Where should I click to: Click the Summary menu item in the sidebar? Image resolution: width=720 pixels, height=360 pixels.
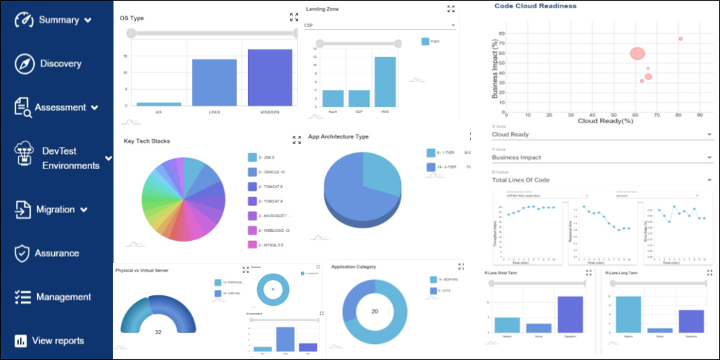(x=58, y=20)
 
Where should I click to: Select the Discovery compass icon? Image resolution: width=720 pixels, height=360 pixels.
(x=24, y=63)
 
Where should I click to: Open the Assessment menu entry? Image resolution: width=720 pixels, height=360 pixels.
(x=61, y=107)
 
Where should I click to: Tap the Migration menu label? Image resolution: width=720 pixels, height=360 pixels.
(x=56, y=210)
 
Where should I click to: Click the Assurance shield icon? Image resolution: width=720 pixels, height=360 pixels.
(x=23, y=253)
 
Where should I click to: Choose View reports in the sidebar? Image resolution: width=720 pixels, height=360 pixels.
(x=58, y=341)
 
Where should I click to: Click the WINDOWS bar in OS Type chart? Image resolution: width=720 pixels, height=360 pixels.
(x=269, y=77)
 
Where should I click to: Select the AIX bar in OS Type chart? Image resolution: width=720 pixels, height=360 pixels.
(x=159, y=104)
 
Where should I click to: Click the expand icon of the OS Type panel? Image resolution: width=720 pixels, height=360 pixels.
(x=294, y=17)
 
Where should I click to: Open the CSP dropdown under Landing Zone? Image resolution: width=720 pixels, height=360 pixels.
(x=379, y=26)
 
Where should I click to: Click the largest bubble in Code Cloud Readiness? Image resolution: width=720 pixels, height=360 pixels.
(x=637, y=54)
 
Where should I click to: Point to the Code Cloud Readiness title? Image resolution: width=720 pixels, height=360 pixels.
(x=535, y=6)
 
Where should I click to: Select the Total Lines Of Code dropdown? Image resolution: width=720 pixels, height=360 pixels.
(x=602, y=180)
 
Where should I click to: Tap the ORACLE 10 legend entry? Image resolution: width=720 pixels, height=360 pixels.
(x=271, y=171)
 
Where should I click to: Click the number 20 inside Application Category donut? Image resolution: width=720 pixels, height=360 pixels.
(x=374, y=311)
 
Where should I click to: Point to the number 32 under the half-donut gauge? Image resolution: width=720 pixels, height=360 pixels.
(x=158, y=332)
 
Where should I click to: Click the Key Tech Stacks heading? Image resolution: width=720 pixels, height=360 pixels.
(x=147, y=141)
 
